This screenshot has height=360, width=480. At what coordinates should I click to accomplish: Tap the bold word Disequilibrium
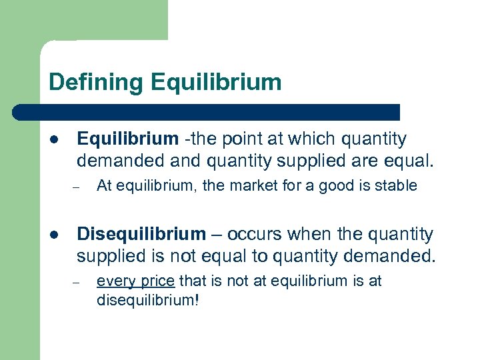142,234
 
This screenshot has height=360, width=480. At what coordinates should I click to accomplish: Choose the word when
312,234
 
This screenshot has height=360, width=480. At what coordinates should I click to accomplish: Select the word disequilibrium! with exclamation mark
147,299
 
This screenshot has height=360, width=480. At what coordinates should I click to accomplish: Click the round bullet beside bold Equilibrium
54,140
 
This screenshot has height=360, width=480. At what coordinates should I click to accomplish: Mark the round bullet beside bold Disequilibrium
54,235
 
